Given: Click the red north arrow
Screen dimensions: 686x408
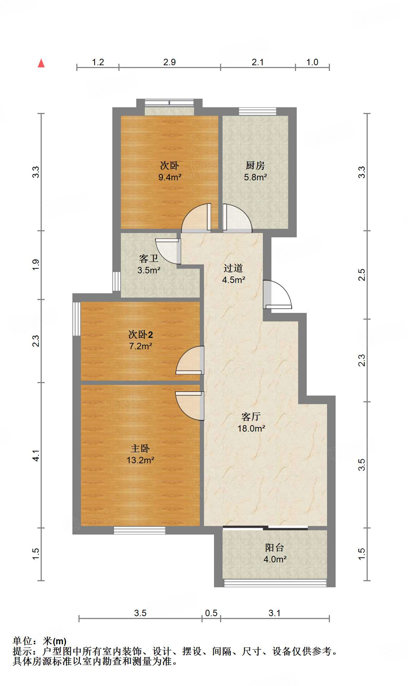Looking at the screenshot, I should pos(41,63).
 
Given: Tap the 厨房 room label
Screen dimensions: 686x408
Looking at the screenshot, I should pos(255,166).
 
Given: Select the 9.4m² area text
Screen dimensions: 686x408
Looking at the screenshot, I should pos(170,177).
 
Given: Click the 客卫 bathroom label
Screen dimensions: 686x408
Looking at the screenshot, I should pos(148,258).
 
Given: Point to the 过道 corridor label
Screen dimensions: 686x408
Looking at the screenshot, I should pos(233,268).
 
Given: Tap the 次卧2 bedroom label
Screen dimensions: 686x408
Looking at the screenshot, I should pos(141,335).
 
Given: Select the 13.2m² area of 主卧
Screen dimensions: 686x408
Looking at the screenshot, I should pos(140,460).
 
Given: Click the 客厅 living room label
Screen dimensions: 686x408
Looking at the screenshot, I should pos(251,417).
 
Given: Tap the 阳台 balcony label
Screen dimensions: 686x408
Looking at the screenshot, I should pos(275,548).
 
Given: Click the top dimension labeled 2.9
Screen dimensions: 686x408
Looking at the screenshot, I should pos(169,62).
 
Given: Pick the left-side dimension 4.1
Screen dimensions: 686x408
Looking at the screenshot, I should pos(36,456).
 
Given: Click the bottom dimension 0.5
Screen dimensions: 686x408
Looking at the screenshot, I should pos(211,613).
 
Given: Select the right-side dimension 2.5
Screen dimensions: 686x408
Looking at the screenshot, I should pos(362,275).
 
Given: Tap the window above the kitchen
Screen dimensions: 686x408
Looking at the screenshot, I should pos(257,112).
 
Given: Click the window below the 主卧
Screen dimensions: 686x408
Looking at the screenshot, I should pos(139,530).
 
